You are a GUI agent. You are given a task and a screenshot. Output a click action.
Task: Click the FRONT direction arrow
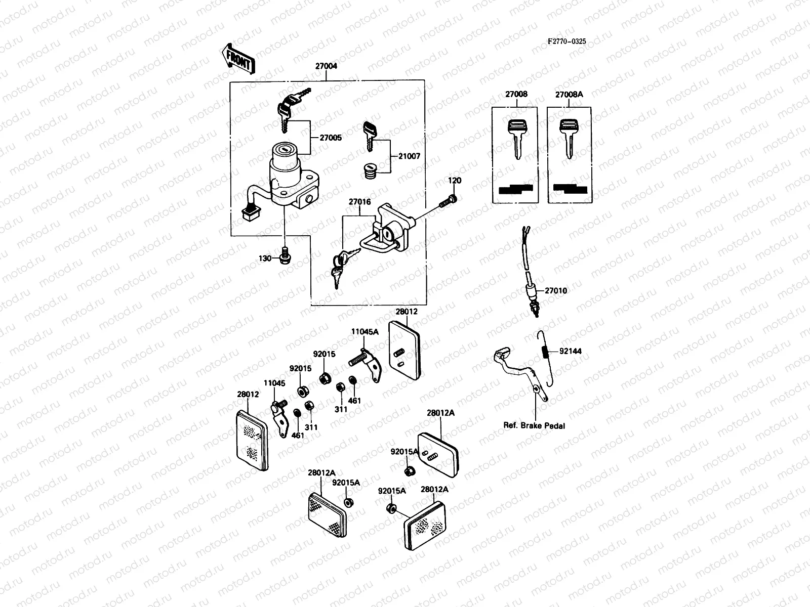237,58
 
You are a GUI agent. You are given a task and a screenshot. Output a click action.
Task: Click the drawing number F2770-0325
566,41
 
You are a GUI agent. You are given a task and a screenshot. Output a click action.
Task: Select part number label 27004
326,66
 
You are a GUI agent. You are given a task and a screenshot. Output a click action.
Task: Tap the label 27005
331,138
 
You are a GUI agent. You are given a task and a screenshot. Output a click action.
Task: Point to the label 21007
410,157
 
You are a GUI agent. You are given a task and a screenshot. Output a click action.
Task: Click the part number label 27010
556,291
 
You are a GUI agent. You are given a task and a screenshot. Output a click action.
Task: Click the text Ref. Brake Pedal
534,425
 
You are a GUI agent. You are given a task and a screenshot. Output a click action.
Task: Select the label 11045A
365,331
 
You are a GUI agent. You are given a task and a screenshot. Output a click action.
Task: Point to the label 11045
274,383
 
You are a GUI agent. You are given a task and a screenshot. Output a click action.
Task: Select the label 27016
359,202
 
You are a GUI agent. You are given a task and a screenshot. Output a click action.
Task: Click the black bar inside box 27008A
570,189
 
